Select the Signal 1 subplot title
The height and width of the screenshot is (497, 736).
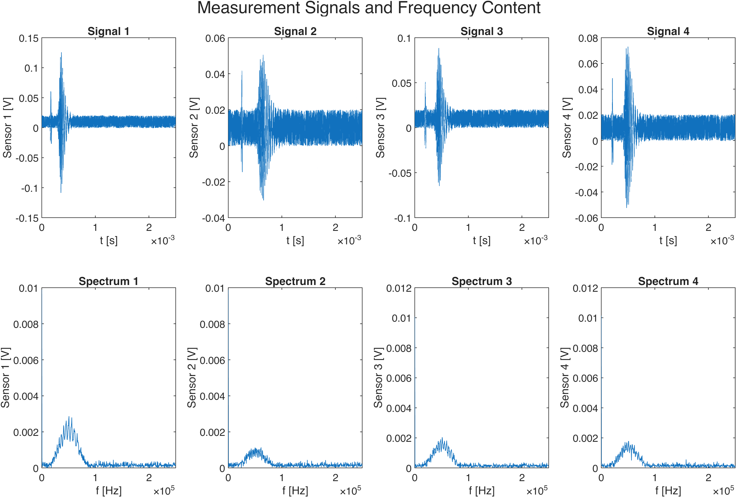(108, 31)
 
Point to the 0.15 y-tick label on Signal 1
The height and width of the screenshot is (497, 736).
(29, 38)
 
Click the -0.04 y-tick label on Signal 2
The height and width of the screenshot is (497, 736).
(213, 218)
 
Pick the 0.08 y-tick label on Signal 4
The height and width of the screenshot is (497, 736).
(588, 38)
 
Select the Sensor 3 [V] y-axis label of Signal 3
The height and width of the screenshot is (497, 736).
(380, 128)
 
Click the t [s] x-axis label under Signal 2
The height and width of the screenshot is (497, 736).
(295, 240)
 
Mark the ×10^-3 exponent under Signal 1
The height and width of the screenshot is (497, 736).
(163, 240)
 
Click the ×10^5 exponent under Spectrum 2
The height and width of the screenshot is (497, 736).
(350, 490)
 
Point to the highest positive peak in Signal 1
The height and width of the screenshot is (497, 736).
(61, 53)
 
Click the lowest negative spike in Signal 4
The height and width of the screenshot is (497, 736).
(626, 207)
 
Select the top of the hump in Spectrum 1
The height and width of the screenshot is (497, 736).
(69, 417)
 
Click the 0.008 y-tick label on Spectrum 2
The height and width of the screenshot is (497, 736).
(212, 324)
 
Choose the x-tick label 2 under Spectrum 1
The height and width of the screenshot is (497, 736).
(149, 477)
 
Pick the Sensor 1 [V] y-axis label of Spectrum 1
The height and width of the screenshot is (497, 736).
(6, 377)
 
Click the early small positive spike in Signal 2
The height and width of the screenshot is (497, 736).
(242, 71)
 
